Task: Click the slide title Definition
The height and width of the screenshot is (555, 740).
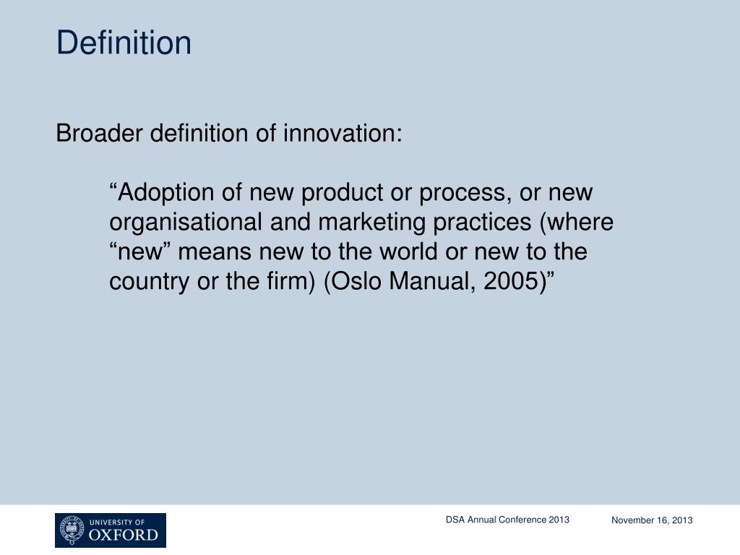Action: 124,43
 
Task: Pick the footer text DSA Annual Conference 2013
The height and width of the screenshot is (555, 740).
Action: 507,520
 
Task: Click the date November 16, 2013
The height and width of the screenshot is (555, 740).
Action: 652,520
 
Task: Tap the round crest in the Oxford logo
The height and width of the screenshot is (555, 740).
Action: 72,530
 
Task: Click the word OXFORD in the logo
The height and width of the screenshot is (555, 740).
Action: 123,535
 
